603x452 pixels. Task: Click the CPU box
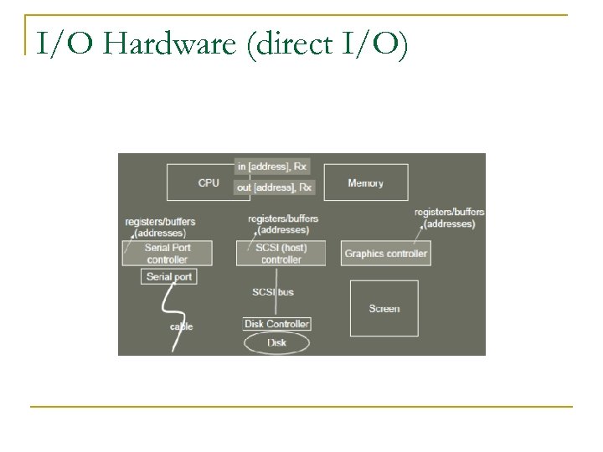200,182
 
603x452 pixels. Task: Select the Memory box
365,182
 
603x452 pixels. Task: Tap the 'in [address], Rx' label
274,167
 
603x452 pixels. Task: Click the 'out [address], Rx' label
274,187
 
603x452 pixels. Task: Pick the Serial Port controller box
167,253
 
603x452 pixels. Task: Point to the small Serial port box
169,277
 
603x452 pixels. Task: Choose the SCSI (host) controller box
281,253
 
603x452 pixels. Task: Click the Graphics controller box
386,253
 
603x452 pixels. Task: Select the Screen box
384,308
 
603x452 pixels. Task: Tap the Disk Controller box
276,324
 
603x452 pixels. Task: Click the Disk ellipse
276,342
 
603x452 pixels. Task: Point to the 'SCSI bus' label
273,291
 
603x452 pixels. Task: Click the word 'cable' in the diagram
181,326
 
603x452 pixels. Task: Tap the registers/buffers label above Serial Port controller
160,226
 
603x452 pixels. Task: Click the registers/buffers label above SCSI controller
283,223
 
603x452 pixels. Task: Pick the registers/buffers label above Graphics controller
449,218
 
